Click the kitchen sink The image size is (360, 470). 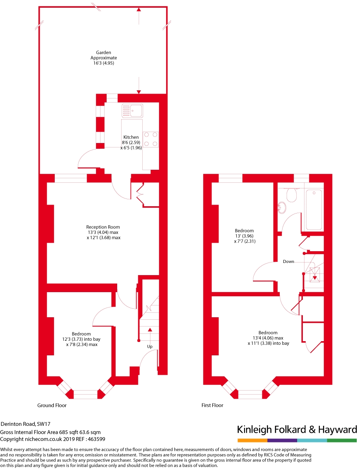coord(132,110)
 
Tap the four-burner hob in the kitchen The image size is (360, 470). coord(150,139)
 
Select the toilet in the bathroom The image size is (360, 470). coord(291,196)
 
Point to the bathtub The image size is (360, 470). coord(315,209)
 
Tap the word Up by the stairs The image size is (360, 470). coord(150,347)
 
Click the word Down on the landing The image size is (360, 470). coord(289,261)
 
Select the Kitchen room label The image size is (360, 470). coord(131,137)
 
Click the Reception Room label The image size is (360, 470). coord(103,227)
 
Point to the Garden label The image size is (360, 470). coord(103,52)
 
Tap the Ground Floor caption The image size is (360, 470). coord(52,405)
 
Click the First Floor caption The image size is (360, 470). coord(212,405)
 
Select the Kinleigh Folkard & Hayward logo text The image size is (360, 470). coord(297,430)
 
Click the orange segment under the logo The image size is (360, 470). coord(252,440)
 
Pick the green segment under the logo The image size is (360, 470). coord(342,440)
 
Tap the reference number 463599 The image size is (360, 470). coord(97,439)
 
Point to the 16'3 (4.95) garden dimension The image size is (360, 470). coord(103,63)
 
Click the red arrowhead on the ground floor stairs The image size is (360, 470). coord(150,330)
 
